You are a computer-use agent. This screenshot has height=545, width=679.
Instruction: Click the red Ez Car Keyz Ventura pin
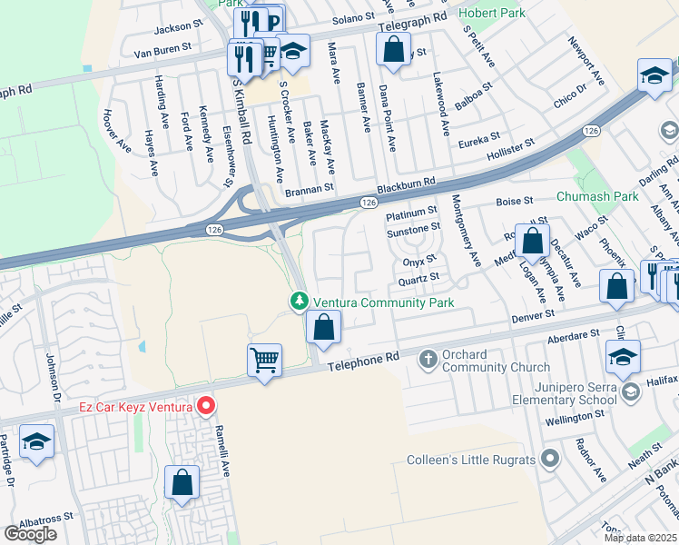[x=206, y=406]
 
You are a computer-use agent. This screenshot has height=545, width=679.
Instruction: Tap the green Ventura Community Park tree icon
[x=299, y=301]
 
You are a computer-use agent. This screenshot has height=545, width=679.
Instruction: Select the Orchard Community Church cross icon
[x=429, y=361]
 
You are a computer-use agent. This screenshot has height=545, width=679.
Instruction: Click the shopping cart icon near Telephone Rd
[x=264, y=360]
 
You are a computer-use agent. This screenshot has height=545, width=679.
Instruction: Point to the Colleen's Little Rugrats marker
[x=547, y=459]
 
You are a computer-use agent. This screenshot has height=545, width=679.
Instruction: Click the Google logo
[x=30, y=534]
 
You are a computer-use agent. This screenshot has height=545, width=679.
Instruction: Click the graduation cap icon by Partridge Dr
[x=36, y=442]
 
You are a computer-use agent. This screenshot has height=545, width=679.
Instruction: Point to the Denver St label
[x=532, y=315]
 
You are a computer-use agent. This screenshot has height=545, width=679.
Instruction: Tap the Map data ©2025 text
[x=640, y=538]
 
